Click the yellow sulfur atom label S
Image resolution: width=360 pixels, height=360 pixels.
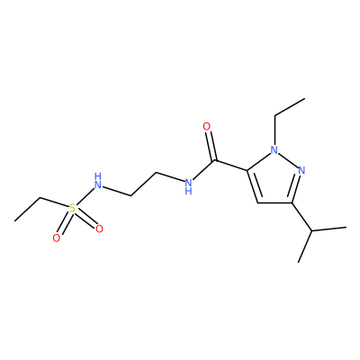[72, 208]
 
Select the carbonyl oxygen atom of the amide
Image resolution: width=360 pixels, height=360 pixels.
[207, 127]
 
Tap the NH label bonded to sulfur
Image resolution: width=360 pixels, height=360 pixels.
[98, 181]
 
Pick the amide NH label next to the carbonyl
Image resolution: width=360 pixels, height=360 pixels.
[188, 186]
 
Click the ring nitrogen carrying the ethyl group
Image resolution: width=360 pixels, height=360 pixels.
[274, 149]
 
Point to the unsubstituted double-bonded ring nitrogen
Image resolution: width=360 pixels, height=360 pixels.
[301, 170]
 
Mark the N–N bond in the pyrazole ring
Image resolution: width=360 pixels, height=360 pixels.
[288, 160]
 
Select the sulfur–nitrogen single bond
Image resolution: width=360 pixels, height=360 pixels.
[85, 195]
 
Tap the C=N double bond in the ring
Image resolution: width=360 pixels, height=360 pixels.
[295, 188]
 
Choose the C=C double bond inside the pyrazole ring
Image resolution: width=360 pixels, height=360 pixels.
[253, 186]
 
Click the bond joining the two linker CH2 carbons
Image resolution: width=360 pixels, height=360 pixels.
[144, 184]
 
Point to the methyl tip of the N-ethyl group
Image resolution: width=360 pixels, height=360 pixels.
[305, 98]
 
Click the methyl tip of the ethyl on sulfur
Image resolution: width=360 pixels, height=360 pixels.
[14, 221]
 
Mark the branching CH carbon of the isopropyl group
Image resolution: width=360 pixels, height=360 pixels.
[312, 231]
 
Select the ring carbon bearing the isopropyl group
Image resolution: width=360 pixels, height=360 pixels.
[292, 203]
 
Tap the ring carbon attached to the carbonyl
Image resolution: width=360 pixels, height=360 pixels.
[247, 170]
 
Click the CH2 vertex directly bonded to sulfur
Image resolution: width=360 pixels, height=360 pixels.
[40, 198]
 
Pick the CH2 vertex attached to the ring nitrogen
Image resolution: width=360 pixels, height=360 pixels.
[274, 116]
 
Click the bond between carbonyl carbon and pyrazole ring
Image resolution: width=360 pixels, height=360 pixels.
[231, 166]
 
